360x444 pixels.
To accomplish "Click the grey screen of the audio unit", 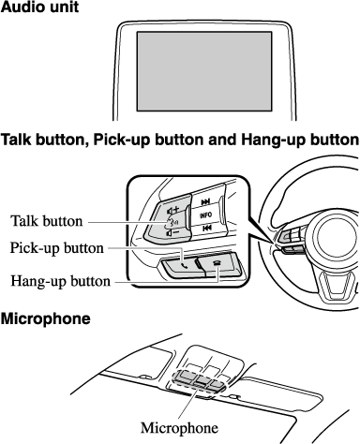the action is (204, 71).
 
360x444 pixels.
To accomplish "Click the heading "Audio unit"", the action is (39, 7).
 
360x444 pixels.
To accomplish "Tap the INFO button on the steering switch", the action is (206, 215).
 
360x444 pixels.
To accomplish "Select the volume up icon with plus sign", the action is (172, 210).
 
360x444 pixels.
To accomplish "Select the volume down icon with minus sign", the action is (172, 232).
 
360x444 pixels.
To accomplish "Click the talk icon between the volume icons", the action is (172, 222).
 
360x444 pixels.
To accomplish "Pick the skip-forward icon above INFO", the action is (205, 202).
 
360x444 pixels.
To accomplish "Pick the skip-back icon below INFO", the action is (206, 229).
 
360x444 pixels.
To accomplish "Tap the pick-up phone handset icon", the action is (185, 266).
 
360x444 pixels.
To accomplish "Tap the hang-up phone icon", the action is (217, 262).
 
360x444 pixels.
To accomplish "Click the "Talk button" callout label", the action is (47, 221).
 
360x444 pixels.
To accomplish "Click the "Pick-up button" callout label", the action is (57, 248).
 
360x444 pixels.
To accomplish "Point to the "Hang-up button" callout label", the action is (61, 281).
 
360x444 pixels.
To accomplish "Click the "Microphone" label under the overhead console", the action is (179, 427).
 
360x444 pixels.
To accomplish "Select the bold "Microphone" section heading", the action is (46, 318).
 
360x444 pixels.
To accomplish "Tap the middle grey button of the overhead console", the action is (202, 379).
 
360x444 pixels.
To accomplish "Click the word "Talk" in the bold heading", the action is (16, 140).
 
